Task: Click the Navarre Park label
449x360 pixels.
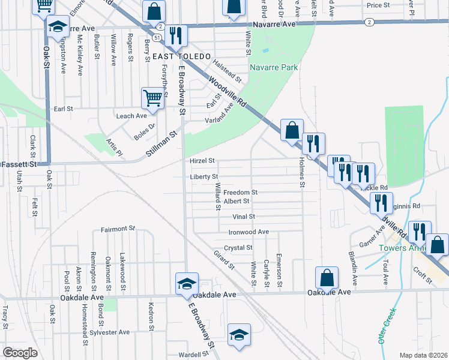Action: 274,68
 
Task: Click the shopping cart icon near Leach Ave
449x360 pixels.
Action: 152,98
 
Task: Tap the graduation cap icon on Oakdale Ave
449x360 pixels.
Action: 187,284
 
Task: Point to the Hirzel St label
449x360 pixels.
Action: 202,161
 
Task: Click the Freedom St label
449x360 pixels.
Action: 240,193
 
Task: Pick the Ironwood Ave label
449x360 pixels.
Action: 249,232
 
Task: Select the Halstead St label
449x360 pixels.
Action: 227,71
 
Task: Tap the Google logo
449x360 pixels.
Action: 20,353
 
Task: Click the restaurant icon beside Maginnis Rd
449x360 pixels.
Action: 381,203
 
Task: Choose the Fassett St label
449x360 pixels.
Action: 19,164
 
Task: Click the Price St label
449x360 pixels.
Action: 378,5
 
